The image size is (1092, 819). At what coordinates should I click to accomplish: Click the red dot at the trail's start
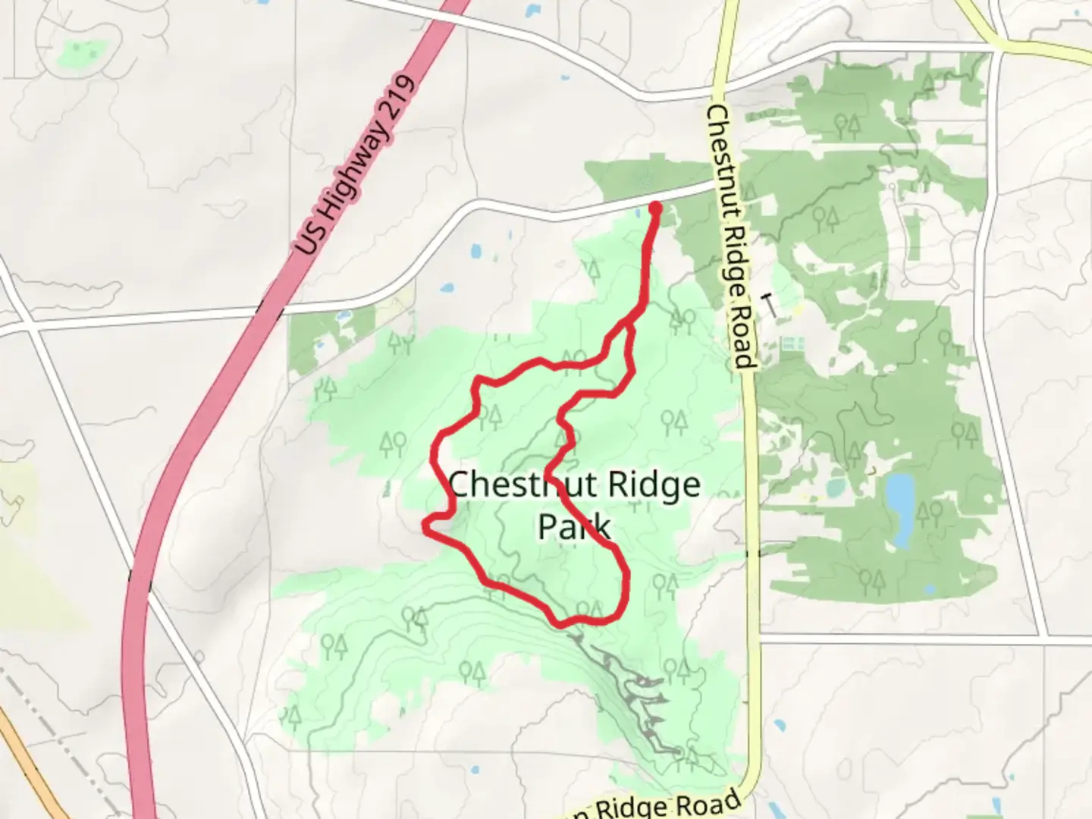tap(655, 207)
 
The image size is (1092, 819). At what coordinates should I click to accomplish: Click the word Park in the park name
tap(573, 526)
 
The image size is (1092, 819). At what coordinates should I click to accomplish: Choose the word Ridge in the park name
tap(660, 485)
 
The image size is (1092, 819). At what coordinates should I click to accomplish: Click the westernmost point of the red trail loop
tap(425, 524)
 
